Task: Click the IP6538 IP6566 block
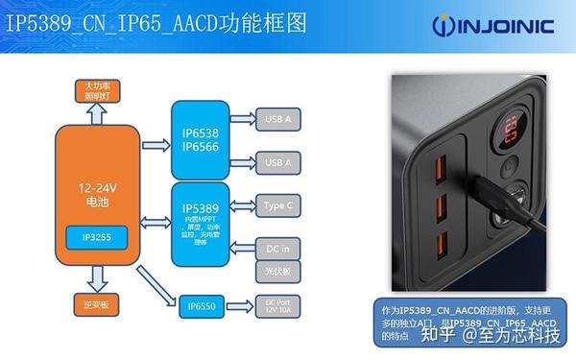tap(199, 140)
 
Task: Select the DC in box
tap(274, 249)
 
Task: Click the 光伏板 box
tap(274, 272)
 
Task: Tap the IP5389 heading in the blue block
tap(199, 206)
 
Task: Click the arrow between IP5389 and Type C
tap(240, 205)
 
